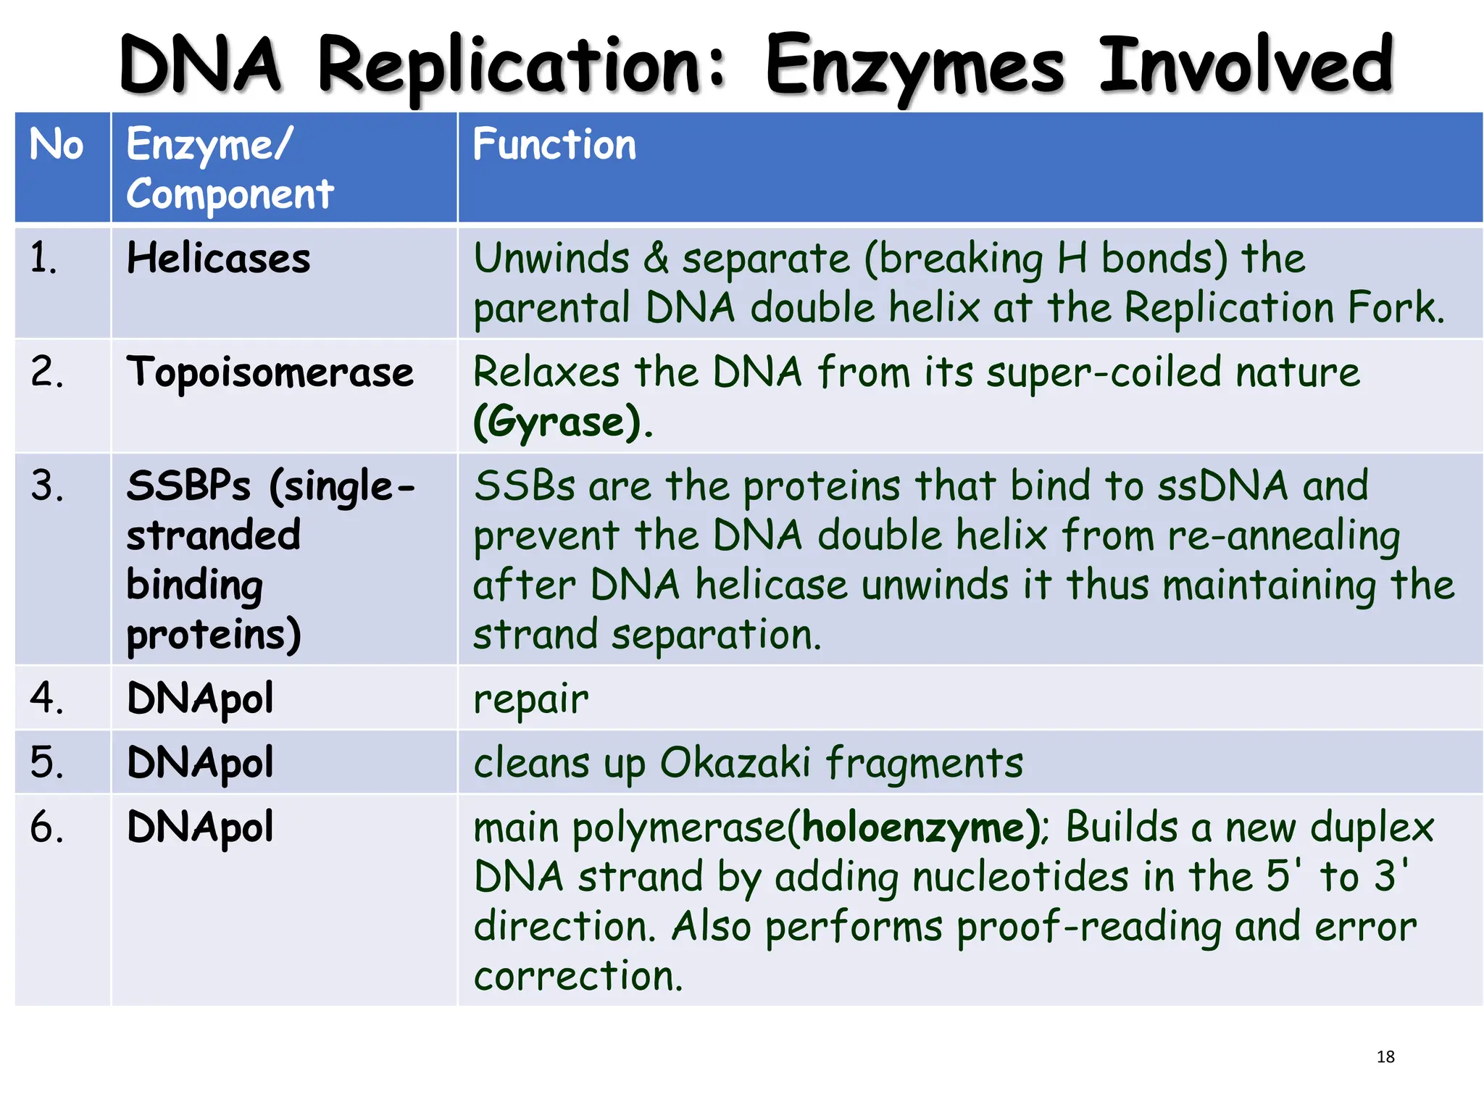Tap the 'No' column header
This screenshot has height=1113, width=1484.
click(x=57, y=144)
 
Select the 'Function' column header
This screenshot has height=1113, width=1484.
click(x=554, y=144)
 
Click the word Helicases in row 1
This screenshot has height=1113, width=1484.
click(x=218, y=259)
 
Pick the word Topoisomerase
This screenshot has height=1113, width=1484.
click(x=270, y=372)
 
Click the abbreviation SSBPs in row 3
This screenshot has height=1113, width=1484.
click(x=188, y=485)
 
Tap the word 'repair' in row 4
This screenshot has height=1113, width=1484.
click(x=530, y=700)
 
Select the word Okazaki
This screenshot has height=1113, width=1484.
click(x=735, y=763)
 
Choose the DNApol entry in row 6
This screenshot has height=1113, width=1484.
click(x=200, y=828)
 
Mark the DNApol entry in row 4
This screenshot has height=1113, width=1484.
click(x=200, y=699)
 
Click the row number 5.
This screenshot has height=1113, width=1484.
click(x=46, y=763)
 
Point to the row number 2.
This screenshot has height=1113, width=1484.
click(x=46, y=372)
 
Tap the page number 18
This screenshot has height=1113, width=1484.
click(x=1385, y=1056)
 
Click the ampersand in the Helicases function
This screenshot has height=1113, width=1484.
click(x=656, y=259)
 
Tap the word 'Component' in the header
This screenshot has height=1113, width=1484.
click(x=230, y=194)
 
